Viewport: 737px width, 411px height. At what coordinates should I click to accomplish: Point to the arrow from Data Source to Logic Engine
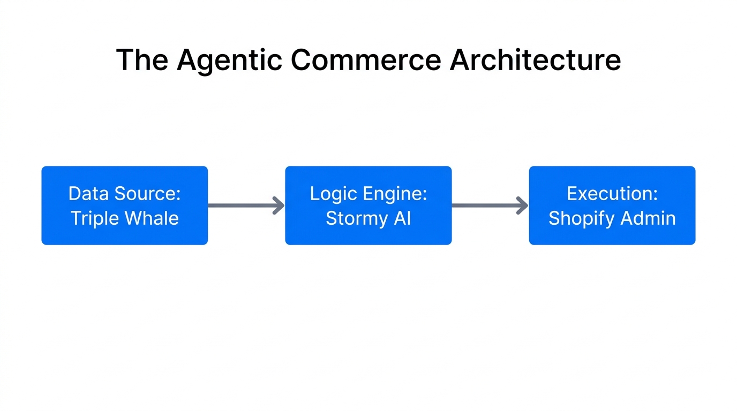pos(246,205)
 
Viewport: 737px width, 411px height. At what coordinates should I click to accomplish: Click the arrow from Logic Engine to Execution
pos(490,205)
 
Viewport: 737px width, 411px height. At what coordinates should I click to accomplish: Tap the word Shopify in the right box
pos(581,218)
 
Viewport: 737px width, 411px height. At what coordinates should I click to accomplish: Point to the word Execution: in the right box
pos(612,193)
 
